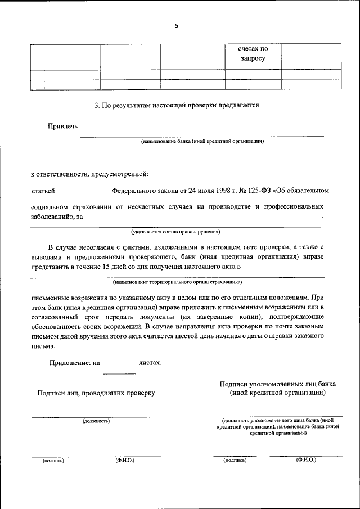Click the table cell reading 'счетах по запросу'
point(253,54)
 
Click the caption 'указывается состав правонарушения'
point(175,232)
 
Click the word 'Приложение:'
point(69,363)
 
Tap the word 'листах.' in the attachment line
point(150,363)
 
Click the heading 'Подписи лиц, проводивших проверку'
point(96,393)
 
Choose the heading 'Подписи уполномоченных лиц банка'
point(278,384)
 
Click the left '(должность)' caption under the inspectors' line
point(96,421)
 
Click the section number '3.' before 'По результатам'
point(97,105)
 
